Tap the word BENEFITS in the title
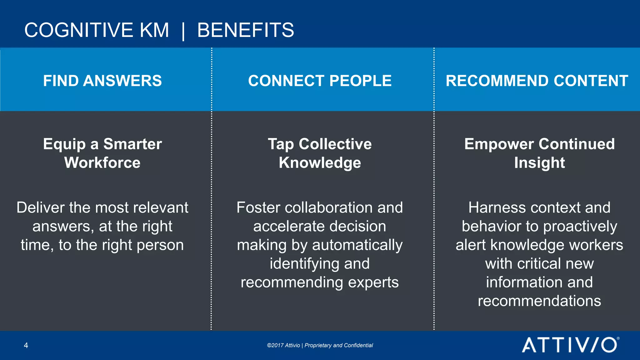click(x=246, y=30)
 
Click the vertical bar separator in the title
click(x=183, y=31)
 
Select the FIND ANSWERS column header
click(x=102, y=81)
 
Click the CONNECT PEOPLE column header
click(x=320, y=81)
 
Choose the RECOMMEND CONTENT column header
click(x=537, y=81)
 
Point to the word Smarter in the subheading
click(x=132, y=144)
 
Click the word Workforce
click(x=102, y=163)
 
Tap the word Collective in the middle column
click(x=335, y=144)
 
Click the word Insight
click(x=539, y=163)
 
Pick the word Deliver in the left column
click(x=41, y=207)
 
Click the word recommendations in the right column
click(x=539, y=301)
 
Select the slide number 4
click(x=26, y=345)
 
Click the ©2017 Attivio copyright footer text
click(x=320, y=345)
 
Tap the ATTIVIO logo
click(x=569, y=345)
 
